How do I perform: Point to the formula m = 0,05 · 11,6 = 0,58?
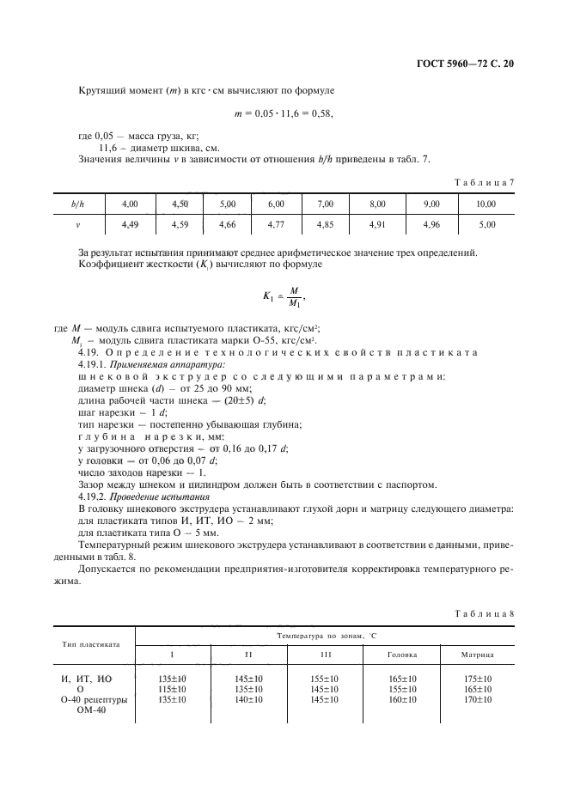(283, 113)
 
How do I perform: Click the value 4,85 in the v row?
(326, 224)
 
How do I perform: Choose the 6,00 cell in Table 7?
(276, 204)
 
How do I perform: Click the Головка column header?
(402, 655)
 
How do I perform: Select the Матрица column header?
(478, 655)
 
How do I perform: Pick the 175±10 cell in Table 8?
(478, 679)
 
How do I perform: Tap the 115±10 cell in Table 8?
(173, 689)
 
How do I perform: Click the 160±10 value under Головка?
(402, 699)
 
